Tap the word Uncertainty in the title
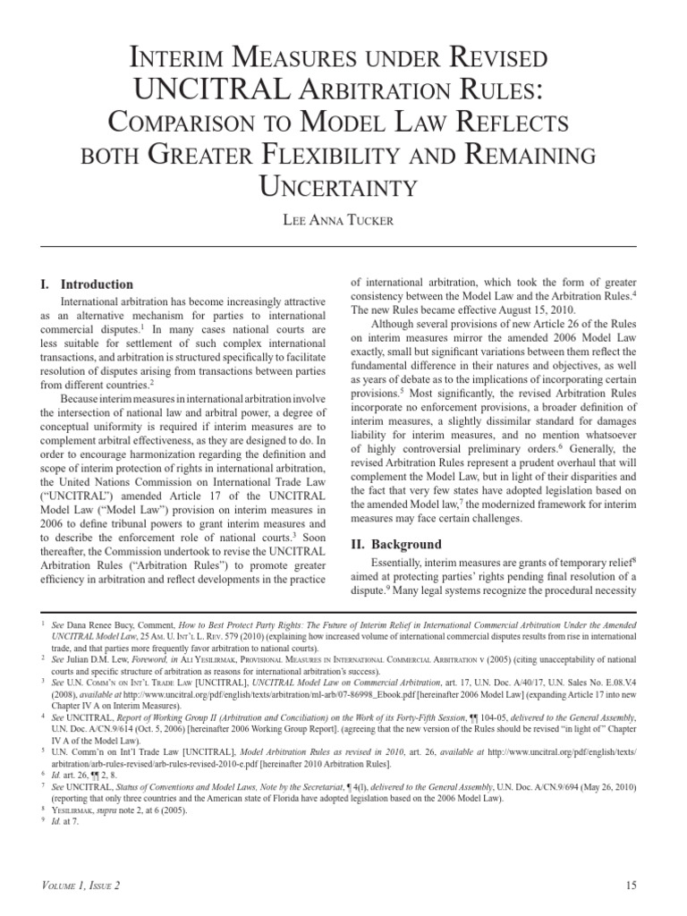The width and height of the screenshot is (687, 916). point(343,186)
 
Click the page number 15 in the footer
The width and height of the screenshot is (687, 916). point(631,886)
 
